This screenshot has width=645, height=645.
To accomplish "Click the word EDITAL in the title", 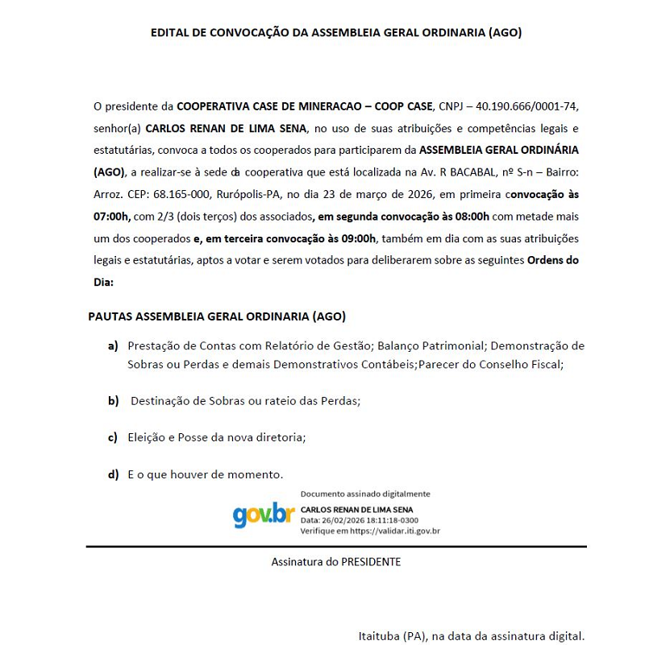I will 170,33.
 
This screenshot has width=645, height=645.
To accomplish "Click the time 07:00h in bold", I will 112,217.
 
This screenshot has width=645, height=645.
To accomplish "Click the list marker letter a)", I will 114,345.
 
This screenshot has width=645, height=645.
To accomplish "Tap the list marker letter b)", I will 114,400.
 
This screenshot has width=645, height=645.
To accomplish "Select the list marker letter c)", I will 114,437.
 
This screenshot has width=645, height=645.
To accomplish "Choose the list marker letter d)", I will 114,474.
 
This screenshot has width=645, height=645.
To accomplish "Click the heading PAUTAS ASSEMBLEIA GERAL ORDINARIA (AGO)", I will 217,316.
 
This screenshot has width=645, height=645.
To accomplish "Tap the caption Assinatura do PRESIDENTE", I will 336,562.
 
